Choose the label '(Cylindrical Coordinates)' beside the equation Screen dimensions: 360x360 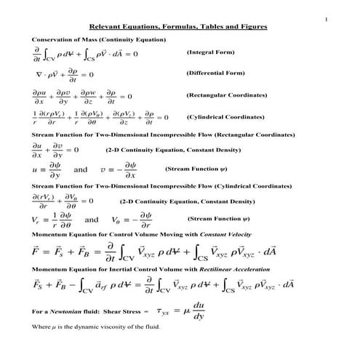[x=225, y=116]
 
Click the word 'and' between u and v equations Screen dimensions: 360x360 [x=81, y=169]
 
